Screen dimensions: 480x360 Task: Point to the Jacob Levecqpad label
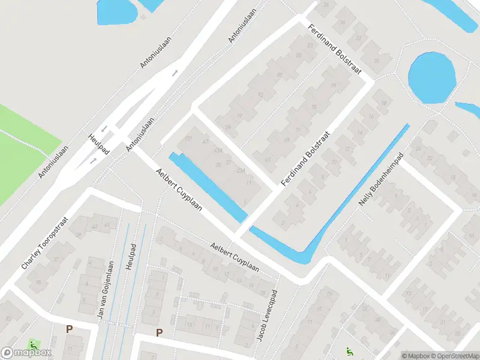click(268, 316)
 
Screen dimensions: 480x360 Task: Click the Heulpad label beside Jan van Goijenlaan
click(133, 257)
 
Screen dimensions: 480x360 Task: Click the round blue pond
click(431, 77)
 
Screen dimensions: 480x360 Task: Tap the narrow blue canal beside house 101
click(208, 186)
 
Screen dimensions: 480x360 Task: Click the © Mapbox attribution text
click(416, 355)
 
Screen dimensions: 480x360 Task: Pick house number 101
click(188, 139)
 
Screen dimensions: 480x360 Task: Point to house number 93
click(260, 94)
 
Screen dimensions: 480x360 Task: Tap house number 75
click(314, 107)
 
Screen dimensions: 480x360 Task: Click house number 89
click(280, 74)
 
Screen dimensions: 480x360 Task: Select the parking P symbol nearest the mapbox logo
click(69, 329)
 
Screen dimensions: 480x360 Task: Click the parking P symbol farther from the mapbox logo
click(159, 332)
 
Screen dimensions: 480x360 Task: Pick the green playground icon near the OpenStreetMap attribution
click(349, 352)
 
